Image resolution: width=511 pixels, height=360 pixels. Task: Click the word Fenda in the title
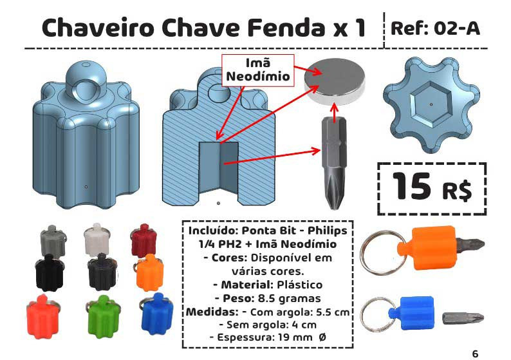(286, 28)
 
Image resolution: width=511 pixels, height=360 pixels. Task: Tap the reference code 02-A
(457, 28)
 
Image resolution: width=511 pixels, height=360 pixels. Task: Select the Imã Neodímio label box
(258, 70)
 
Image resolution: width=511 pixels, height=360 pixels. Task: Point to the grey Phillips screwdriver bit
(334, 163)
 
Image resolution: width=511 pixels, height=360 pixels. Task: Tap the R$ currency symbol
(457, 191)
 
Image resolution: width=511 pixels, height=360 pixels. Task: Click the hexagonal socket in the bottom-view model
(431, 104)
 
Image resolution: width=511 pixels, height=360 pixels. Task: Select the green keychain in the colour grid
(103, 316)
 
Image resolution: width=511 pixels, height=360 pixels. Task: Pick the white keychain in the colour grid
(97, 238)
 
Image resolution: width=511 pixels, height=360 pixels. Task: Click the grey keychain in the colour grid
(53, 240)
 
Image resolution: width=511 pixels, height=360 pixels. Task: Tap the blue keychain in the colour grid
(156, 313)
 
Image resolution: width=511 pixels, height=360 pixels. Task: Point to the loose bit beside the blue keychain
(463, 318)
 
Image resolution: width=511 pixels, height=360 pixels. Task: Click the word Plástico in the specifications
(300, 285)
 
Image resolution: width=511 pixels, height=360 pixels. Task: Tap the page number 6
(475, 354)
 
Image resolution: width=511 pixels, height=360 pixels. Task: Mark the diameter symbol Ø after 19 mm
(322, 337)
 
